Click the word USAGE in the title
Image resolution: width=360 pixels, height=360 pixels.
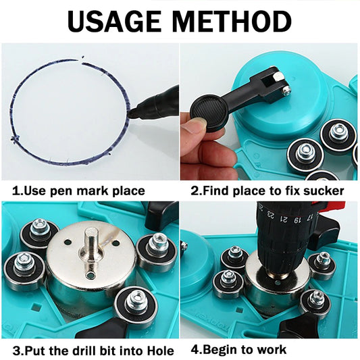coord(114,22)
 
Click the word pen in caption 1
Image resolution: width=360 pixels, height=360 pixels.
coord(61,191)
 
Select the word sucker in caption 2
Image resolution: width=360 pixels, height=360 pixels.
coord(324,190)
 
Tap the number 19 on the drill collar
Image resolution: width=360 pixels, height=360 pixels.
coord(297,220)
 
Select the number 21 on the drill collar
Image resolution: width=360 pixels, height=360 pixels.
coord(284,219)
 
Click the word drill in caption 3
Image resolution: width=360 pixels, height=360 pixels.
coord(80,351)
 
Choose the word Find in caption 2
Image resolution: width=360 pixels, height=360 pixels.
coord(216,190)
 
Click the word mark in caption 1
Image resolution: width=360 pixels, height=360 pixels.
coord(93,190)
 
